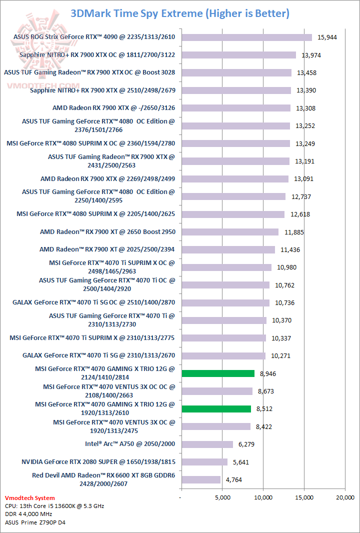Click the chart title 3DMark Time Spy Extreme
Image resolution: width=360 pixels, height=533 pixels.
[x=180, y=13]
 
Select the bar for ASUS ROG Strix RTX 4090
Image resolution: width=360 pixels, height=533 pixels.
[x=246, y=37]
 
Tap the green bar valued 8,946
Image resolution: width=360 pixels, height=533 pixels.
[x=218, y=373]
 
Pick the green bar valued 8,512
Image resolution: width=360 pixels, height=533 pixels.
[x=216, y=409]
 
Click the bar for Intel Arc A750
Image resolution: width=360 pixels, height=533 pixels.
[x=207, y=444]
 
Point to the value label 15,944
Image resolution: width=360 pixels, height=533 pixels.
[x=328, y=37]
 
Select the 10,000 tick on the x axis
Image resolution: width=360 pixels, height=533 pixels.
[x=263, y=497]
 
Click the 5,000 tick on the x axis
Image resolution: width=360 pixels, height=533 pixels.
[x=222, y=497]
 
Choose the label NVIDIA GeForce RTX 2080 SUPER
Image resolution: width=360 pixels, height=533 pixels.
[x=98, y=462]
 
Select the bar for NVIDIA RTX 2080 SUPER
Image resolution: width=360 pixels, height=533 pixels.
[x=204, y=462]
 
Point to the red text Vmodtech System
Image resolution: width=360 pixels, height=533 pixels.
[x=29, y=498]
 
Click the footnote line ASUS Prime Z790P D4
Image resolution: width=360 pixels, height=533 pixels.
[x=35, y=522]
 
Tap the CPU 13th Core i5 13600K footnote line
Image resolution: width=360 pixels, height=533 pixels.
[x=54, y=506]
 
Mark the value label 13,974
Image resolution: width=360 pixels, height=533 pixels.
[x=312, y=55]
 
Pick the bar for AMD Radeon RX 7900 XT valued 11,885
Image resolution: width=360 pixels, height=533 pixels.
[x=230, y=232]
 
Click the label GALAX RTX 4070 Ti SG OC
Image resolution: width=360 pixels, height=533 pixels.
[x=94, y=302]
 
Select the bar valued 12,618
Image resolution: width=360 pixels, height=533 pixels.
[x=233, y=214]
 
